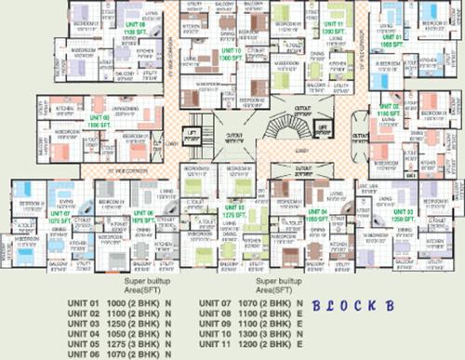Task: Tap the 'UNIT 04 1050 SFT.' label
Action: (x=317, y=213)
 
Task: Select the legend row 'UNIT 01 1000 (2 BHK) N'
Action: (x=121, y=304)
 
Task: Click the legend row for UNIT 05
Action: (x=121, y=341)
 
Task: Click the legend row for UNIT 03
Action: (x=121, y=323)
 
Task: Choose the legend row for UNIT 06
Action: (x=121, y=351)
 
